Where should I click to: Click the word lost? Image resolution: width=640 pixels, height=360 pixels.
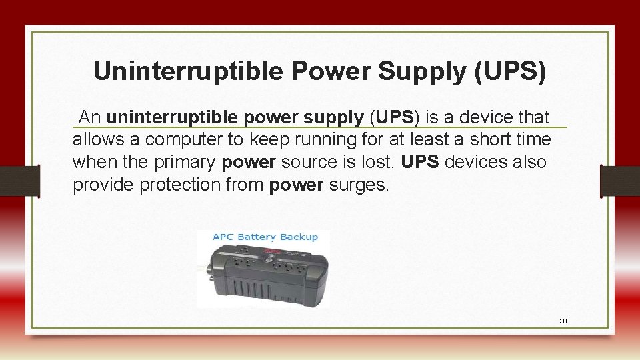tap(379, 162)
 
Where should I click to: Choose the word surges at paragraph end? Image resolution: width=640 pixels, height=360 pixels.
tap(359, 185)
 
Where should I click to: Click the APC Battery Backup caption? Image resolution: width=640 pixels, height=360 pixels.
tap(265, 237)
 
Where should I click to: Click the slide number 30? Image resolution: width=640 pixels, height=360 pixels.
tap(563, 321)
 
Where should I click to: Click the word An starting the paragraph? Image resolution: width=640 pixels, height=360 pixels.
tap(90, 118)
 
